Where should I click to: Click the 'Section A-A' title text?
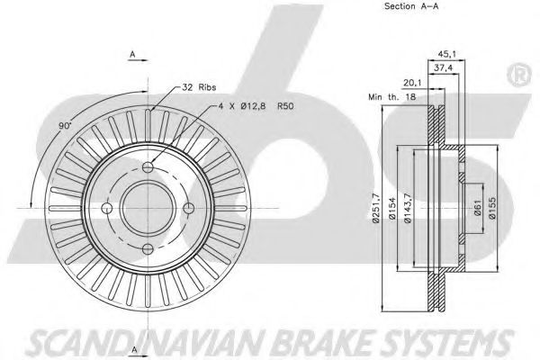point(411,6)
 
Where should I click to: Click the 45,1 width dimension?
point(446,54)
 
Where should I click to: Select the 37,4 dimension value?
point(443,68)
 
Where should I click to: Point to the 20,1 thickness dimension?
point(412,83)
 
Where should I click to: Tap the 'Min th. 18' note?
point(392,97)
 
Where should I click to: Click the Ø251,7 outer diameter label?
point(375,208)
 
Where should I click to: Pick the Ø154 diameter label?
point(392,208)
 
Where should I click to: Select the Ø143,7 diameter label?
point(408,208)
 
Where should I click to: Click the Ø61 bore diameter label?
point(477,208)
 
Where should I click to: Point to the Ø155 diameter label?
point(492,208)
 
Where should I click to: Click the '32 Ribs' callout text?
point(199,87)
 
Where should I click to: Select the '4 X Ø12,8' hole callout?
point(242,106)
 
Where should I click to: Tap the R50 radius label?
point(285,106)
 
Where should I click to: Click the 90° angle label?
point(65,126)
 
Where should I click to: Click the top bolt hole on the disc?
point(148,167)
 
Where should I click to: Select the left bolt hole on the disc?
point(107,208)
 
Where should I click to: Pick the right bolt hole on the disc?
point(189,208)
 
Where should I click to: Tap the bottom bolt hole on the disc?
point(148,248)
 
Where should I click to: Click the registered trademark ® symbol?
point(518,75)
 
